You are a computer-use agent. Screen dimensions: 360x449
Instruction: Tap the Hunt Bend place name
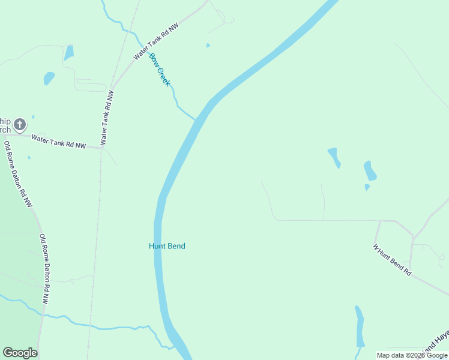(x=167, y=246)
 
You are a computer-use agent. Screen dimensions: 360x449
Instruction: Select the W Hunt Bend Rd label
(x=392, y=260)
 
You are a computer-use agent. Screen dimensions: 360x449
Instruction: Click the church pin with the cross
(x=20, y=125)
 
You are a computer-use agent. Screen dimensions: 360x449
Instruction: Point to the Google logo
(x=20, y=353)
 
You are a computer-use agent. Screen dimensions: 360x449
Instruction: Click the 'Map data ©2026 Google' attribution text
(x=412, y=355)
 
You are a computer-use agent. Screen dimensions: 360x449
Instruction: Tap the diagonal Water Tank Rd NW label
(x=156, y=42)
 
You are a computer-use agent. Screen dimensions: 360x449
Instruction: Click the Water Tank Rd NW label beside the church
(x=59, y=142)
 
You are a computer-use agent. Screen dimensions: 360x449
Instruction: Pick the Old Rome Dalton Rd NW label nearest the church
(x=17, y=173)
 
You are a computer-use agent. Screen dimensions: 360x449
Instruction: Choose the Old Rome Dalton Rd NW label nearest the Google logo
(x=44, y=268)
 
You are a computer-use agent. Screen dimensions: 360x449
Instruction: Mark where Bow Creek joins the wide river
(x=196, y=119)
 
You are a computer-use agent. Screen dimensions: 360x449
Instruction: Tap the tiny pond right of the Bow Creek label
(x=208, y=45)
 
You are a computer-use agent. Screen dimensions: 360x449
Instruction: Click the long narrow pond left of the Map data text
(x=360, y=326)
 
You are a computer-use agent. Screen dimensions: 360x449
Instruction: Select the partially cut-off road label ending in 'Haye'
(x=436, y=341)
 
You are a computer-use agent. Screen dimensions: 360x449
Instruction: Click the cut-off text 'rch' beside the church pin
(x=4, y=130)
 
